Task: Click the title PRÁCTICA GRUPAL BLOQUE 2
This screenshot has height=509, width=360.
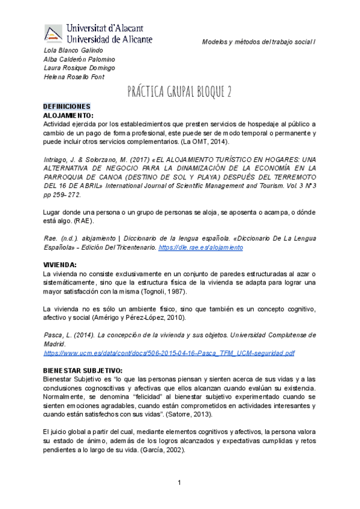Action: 179,91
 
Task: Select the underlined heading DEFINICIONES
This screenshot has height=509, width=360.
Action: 66,105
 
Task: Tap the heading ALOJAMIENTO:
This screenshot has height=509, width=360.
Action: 68,113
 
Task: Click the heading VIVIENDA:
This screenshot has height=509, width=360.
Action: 59,264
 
